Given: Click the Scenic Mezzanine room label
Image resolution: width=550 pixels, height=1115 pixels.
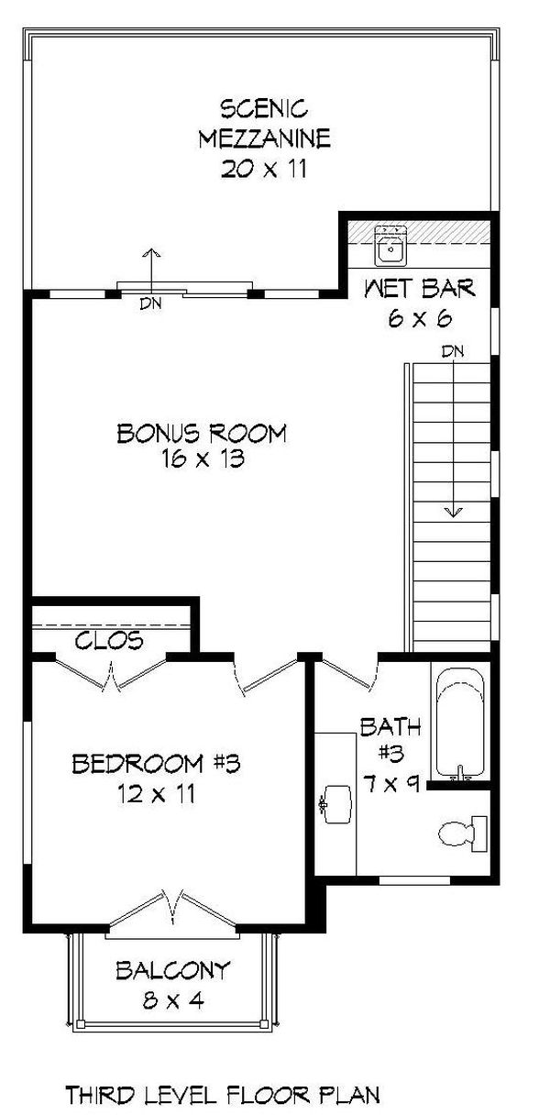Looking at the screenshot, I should (x=263, y=124).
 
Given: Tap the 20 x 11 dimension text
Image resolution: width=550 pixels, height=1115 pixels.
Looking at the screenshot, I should (x=263, y=169).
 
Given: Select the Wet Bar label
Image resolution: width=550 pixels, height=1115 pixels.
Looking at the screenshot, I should (x=420, y=290).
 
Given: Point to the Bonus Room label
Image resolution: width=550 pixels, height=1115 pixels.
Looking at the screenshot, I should (x=202, y=433).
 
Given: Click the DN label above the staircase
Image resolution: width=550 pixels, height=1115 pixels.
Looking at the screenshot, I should (x=451, y=351).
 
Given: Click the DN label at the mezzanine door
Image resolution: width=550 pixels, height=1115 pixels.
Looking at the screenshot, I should (x=151, y=304).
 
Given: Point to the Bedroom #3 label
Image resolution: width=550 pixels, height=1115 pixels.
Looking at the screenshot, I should (x=156, y=762).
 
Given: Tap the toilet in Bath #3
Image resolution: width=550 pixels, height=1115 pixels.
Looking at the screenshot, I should (x=457, y=833).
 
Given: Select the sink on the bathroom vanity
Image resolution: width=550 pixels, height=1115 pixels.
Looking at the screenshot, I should (x=337, y=803).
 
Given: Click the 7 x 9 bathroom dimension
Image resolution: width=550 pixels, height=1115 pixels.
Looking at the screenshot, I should (x=390, y=783).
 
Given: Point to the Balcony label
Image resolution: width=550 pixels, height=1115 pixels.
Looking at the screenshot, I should (x=172, y=970).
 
